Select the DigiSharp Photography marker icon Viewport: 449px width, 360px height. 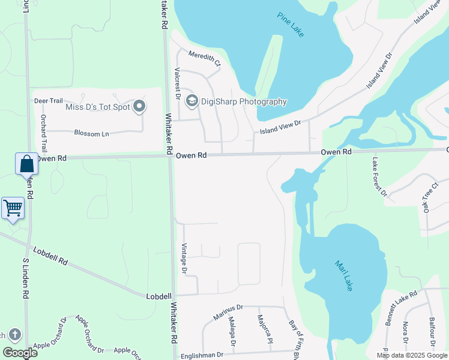point(192,101)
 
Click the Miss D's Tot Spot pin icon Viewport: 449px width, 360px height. point(139,107)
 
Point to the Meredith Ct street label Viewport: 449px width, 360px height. point(205,58)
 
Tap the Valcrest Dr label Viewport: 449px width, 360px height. point(178,82)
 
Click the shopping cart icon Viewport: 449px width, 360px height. point(13,208)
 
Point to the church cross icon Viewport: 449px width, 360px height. point(14,335)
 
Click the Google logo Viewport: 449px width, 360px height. point(20,353)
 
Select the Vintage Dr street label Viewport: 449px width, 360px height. point(185,259)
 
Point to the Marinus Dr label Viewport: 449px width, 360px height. point(229,312)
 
